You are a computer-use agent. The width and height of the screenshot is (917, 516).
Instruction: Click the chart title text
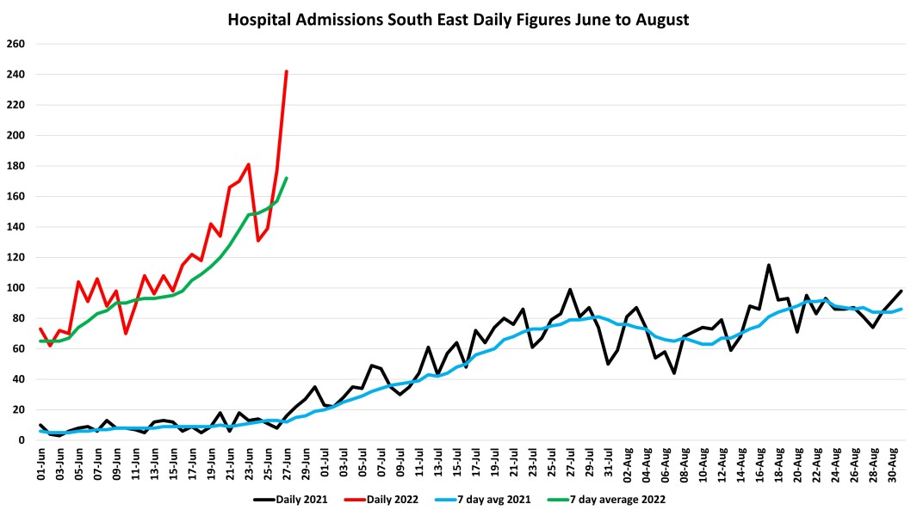(x=458, y=18)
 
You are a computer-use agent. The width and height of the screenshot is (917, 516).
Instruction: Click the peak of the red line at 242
(x=286, y=71)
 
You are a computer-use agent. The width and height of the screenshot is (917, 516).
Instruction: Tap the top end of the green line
(x=286, y=178)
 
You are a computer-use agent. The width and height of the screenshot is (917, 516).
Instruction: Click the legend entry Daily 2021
(x=292, y=498)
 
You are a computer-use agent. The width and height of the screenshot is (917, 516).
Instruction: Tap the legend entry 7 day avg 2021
(x=499, y=498)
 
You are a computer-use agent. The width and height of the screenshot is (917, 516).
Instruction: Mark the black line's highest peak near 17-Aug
(x=769, y=265)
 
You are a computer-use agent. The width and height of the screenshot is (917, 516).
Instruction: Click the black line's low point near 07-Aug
(x=674, y=373)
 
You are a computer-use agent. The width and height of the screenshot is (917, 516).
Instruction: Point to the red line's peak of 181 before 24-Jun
(x=248, y=164)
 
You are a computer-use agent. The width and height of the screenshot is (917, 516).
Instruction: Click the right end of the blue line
(x=901, y=309)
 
